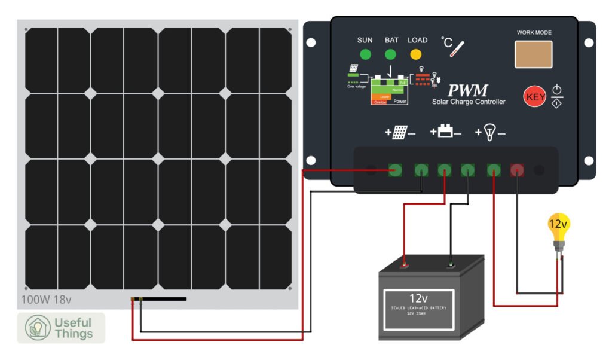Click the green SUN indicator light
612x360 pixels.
click(x=365, y=55)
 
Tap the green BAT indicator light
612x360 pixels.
click(x=391, y=55)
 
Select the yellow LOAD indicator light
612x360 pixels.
click(x=416, y=55)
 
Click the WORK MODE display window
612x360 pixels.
click(x=534, y=54)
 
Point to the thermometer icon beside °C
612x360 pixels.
click(x=458, y=47)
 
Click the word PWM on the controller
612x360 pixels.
click(x=468, y=91)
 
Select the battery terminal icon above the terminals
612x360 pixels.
click(x=445, y=132)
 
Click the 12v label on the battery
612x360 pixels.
click(x=418, y=298)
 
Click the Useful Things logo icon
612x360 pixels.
click(x=37, y=328)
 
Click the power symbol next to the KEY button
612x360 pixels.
click(x=556, y=91)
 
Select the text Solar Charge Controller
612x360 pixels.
click(x=469, y=102)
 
